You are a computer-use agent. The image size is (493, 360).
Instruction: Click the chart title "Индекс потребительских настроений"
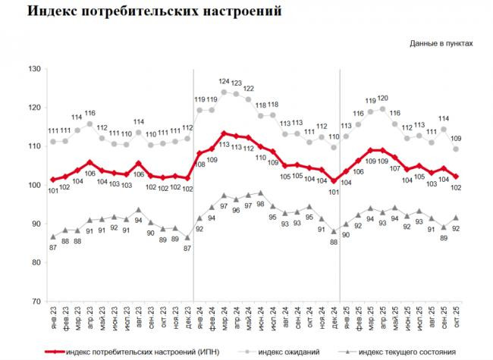pos(143,13)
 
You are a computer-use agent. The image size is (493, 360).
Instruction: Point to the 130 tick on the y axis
pos(33,70)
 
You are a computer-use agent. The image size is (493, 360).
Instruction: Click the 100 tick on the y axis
pos(33,186)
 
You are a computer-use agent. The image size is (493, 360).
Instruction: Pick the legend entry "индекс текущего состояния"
pos(406,352)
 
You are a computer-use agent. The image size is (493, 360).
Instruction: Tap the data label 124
pos(224,82)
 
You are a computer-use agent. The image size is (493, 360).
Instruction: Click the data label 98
pos(260,205)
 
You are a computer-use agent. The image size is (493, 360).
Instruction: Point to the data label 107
pos(394,168)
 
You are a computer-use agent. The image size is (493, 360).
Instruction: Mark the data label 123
pos(236,83)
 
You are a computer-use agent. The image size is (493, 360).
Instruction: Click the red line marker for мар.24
pos(224,133)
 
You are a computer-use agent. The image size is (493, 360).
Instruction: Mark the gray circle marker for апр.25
pos(382,109)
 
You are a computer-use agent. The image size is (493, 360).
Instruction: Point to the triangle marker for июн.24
pos(260,193)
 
